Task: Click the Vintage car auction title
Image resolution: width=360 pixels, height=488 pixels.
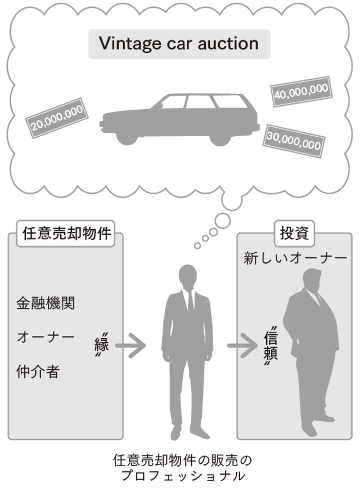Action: point(179,43)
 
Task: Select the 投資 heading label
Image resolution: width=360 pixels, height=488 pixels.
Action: point(293,232)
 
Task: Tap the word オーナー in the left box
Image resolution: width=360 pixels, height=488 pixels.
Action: point(46,338)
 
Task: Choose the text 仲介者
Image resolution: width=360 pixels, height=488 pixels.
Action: point(38,371)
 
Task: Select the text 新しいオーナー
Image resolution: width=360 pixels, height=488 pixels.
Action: point(295,258)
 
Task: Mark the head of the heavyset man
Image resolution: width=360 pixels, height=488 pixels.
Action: point(311,280)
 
